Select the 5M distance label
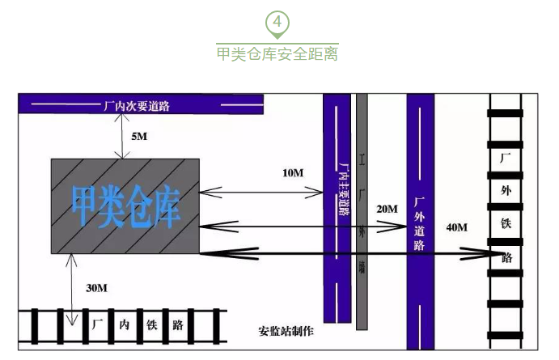139,136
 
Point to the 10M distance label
293,173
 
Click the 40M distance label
456,227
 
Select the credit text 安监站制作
286,332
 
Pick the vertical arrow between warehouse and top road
120,136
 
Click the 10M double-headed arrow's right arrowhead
319,192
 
